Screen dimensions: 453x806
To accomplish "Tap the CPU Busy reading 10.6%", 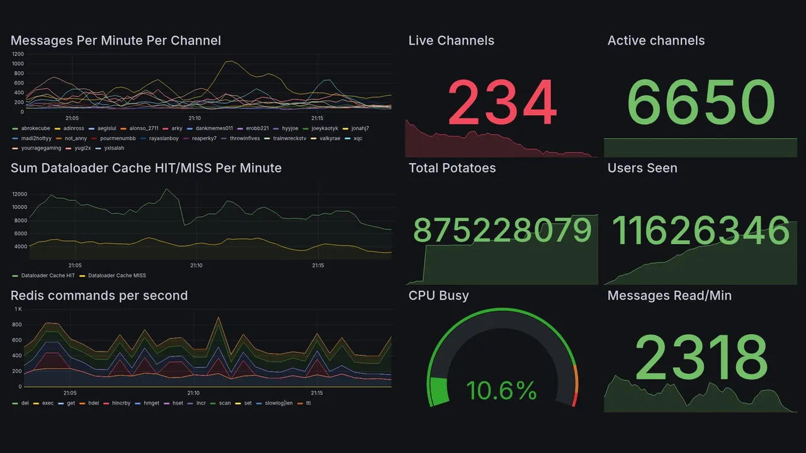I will click(x=501, y=391).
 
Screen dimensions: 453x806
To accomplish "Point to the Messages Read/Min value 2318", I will click(x=701, y=357).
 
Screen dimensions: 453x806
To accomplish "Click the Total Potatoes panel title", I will click(x=452, y=168).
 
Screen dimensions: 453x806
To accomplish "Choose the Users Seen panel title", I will click(x=642, y=168).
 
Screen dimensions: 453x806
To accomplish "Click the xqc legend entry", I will click(x=358, y=138).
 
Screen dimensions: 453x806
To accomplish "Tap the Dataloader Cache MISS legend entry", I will click(x=116, y=276).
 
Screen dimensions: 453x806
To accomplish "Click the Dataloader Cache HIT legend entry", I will click(x=47, y=276).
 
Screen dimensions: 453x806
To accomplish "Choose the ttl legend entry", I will click(x=308, y=403).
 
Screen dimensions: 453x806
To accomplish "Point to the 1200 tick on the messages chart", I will click(x=17, y=54).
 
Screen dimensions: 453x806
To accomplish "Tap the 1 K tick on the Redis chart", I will click(x=18, y=310).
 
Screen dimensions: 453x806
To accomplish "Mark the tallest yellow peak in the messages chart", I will click(x=230, y=61).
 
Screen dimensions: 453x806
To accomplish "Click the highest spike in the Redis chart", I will click(x=218, y=317).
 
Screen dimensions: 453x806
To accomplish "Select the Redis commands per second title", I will click(x=99, y=296).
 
